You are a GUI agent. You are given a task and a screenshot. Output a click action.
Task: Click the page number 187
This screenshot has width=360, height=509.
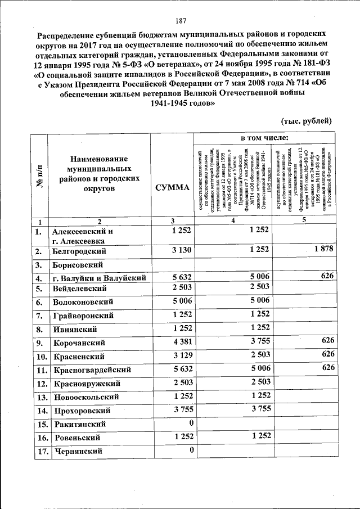tap(181, 21)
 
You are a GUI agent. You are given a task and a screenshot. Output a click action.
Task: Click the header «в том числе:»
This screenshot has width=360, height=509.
tap(264, 138)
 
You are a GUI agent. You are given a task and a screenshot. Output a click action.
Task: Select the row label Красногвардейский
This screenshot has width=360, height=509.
tap(92, 370)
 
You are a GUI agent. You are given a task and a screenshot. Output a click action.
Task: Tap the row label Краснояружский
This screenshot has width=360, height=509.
tap(88, 383)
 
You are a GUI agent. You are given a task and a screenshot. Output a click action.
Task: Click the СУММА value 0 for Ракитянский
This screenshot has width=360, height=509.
tap(191, 422)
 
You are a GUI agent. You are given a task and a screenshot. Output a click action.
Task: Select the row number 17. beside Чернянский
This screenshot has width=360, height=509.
tap(39, 451)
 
